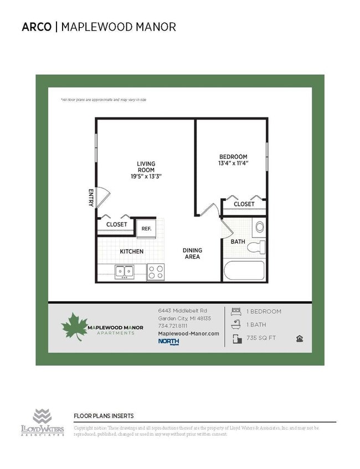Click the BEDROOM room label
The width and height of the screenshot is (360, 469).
(x=233, y=157)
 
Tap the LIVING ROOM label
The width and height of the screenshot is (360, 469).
(x=146, y=167)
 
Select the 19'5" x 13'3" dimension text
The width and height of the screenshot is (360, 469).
(x=146, y=176)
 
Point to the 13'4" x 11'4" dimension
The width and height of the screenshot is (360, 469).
(x=233, y=163)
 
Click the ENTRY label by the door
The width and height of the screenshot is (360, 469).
(x=91, y=198)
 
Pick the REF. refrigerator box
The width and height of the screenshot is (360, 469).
(x=146, y=228)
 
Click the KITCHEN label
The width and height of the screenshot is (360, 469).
(x=132, y=251)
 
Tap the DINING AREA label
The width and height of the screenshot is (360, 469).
(x=192, y=254)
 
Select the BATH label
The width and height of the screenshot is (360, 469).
(x=238, y=241)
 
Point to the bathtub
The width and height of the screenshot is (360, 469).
(x=244, y=271)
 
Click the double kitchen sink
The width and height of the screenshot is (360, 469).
(x=125, y=271)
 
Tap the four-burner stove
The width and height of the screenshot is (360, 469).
(x=156, y=272)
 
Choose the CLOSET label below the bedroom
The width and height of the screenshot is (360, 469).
(x=244, y=204)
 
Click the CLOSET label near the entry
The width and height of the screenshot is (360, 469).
(x=116, y=224)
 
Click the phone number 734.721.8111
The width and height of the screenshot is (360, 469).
(x=173, y=326)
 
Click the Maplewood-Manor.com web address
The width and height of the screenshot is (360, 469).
(x=188, y=333)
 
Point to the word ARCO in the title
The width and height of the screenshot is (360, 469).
(x=37, y=27)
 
